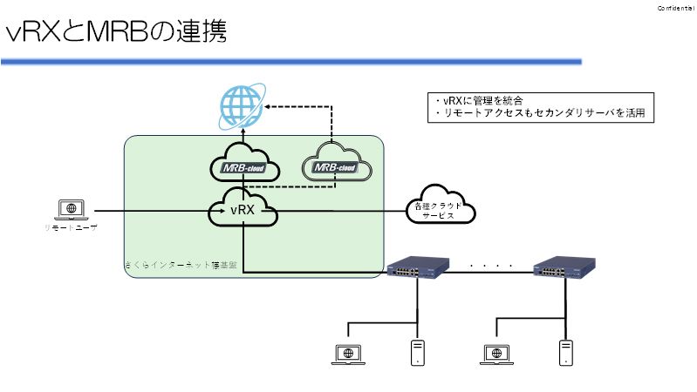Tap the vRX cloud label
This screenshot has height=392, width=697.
(243, 210)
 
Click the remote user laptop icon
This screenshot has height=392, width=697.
(70, 209)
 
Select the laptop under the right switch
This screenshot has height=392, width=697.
(495, 354)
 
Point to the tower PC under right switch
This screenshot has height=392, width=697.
(567, 352)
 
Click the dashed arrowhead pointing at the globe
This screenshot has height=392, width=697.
(270, 105)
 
